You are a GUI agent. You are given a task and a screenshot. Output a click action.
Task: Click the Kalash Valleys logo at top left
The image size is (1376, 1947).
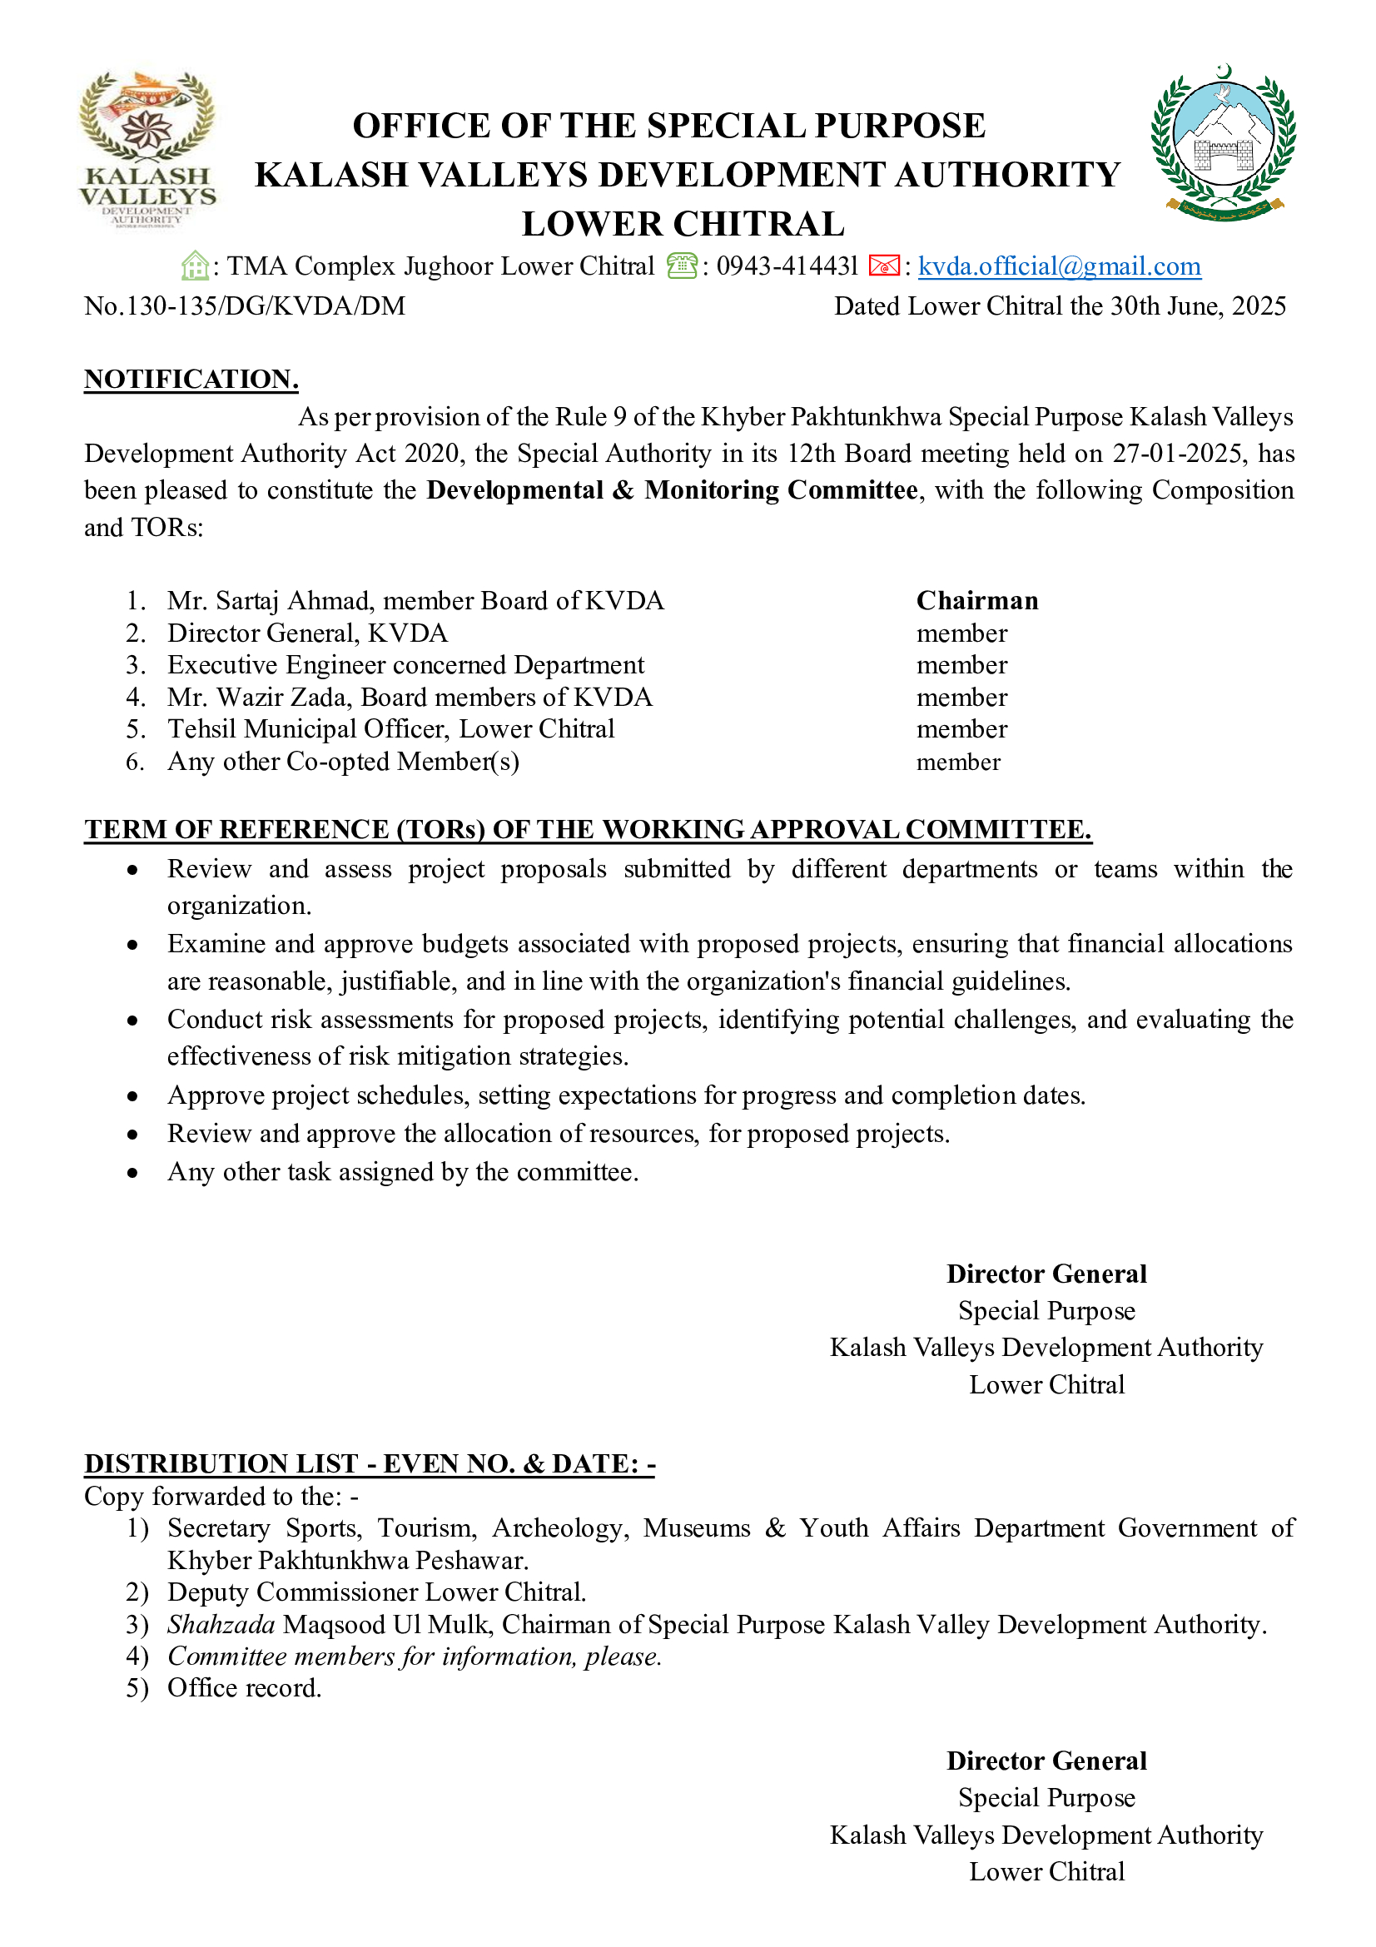[x=147, y=149]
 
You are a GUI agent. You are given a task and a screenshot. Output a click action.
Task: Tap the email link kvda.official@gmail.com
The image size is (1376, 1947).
[x=1059, y=266]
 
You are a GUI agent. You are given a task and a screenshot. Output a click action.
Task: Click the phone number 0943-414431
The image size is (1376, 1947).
[x=787, y=266]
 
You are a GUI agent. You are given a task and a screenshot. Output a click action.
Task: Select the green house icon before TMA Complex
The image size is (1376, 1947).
[x=195, y=266]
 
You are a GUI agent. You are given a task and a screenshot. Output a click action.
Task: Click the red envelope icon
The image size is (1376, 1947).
[x=883, y=266]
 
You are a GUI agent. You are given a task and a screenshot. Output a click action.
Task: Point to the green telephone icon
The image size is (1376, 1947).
[x=682, y=266]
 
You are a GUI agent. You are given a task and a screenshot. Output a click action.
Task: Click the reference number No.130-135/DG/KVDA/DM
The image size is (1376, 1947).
[x=244, y=306]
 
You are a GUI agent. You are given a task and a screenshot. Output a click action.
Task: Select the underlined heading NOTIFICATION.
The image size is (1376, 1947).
[x=191, y=379]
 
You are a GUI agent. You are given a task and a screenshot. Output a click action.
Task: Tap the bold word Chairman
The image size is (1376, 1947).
[x=976, y=600]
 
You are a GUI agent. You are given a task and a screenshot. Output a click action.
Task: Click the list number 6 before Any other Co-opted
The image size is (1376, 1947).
[x=135, y=762]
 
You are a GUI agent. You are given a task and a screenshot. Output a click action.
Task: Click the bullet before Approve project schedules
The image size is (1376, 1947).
[x=132, y=1096]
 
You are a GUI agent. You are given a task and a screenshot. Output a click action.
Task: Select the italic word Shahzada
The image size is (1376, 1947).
[x=221, y=1624]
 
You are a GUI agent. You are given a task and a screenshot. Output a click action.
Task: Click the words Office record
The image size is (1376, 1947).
[x=244, y=1687]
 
